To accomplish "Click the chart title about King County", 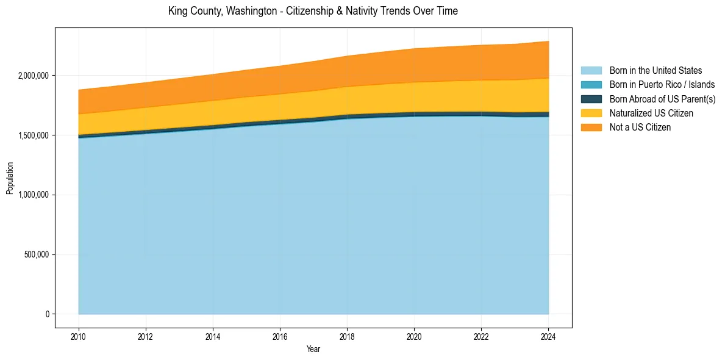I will coord(313,11).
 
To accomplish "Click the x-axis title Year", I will coord(313,349).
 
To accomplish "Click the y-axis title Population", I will coord(10,178).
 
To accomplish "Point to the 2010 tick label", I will coord(79,336).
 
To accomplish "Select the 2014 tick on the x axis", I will coord(213,336).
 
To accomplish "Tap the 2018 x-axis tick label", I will coord(347,336).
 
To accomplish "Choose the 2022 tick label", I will coord(481,336).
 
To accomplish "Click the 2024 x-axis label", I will coord(548,336).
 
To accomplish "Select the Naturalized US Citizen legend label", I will coord(651,113).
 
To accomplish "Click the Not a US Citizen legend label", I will coord(640,128).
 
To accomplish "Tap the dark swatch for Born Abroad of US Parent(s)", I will coord(591,99).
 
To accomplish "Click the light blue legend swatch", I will coord(591,71).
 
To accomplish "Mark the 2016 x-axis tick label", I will coord(280,336).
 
